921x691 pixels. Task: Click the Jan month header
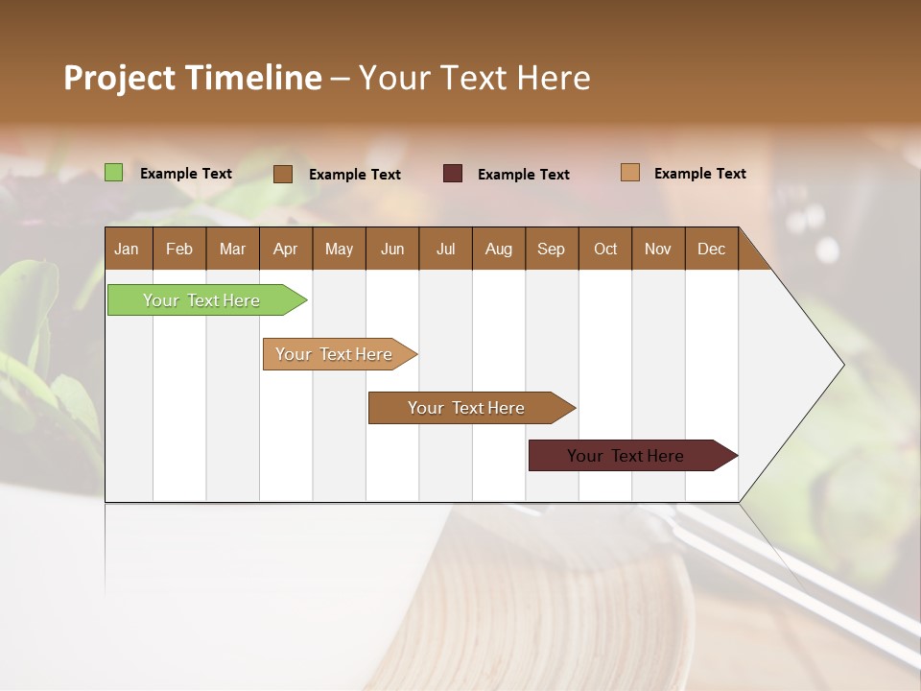click(x=127, y=249)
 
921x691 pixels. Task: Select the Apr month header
click(x=285, y=249)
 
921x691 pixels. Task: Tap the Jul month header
click(x=445, y=249)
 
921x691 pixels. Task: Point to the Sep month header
click(x=551, y=249)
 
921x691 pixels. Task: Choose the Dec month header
click(x=711, y=249)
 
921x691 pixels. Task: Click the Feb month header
click(x=179, y=249)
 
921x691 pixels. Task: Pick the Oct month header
click(x=605, y=249)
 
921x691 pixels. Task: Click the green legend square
click(x=113, y=173)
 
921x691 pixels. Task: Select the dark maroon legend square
click(x=453, y=174)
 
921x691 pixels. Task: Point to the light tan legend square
click(x=630, y=173)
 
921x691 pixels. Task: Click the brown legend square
click(x=283, y=174)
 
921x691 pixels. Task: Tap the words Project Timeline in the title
click(x=192, y=78)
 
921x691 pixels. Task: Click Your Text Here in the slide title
click(x=474, y=78)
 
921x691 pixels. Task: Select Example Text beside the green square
click(x=186, y=174)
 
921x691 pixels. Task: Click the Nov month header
click(x=658, y=249)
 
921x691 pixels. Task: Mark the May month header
click(x=339, y=249)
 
